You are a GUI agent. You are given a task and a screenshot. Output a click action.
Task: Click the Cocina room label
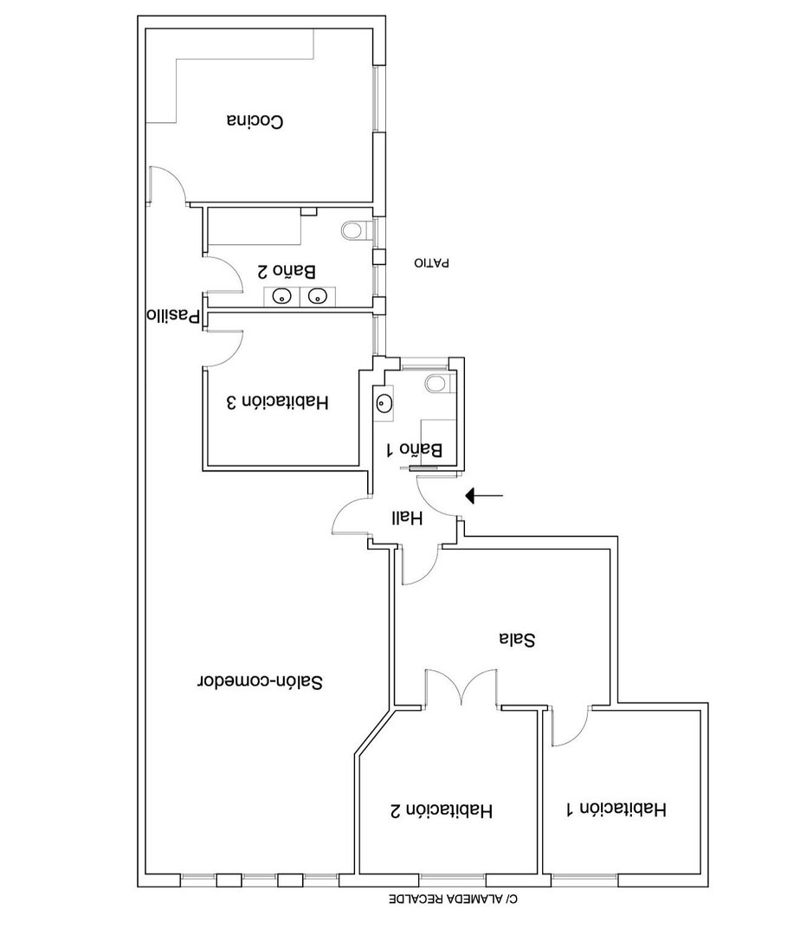point(255,120)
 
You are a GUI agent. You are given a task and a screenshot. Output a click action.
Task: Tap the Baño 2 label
point(286,272)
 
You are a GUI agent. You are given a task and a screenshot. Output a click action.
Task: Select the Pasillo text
point(173,315)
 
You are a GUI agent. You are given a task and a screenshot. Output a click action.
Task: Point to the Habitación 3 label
point(278,403)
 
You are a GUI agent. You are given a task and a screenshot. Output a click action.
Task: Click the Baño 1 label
point(415,449)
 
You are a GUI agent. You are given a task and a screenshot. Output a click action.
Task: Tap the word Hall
point(407,519)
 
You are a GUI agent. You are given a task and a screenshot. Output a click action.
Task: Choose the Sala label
point(517,639)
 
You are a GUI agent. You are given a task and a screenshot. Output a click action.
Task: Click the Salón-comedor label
point(260,681)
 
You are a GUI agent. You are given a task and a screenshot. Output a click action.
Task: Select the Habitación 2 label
point(442,811)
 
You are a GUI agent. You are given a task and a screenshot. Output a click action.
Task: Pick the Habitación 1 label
point(616,809)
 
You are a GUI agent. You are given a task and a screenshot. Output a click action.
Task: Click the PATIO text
point(431,262)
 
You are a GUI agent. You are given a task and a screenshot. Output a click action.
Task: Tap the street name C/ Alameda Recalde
point(454,899)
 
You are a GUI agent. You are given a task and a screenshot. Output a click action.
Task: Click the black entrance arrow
point(484,495)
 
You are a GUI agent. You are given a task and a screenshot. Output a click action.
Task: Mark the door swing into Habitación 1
point(571,726)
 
